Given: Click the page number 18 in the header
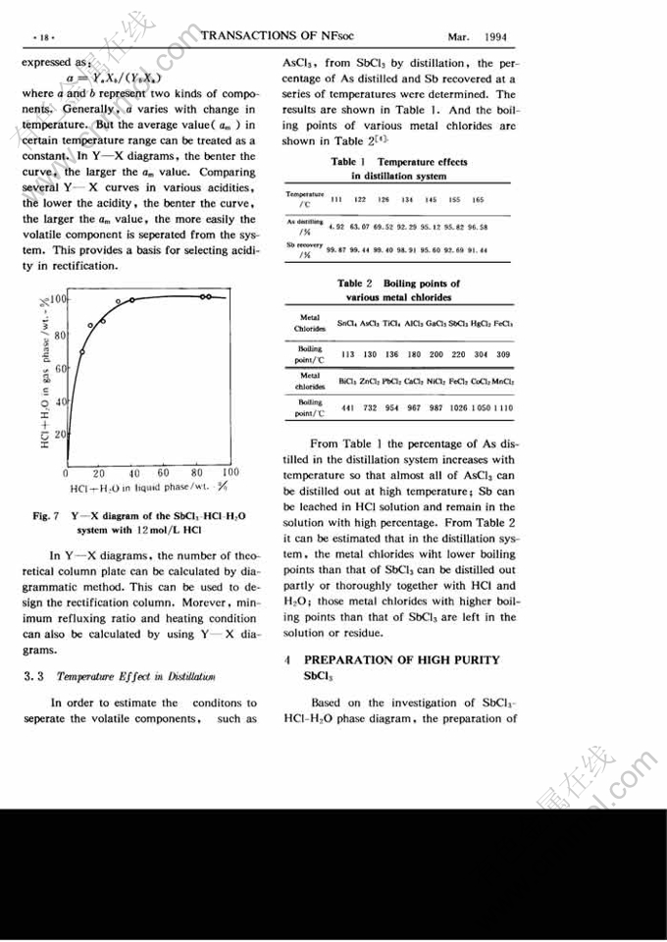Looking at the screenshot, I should pyautogui.click(x=42, y=37).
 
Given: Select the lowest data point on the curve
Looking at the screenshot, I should pyautogui.click(x=82, y=351).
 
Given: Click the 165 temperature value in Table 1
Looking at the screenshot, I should pyautogui.click(x=478, y=200).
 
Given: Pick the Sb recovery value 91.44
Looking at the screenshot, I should pyautogui.click(x=477, y=251).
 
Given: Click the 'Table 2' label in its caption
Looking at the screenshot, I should pyautogui.click(x=351, y=284).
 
